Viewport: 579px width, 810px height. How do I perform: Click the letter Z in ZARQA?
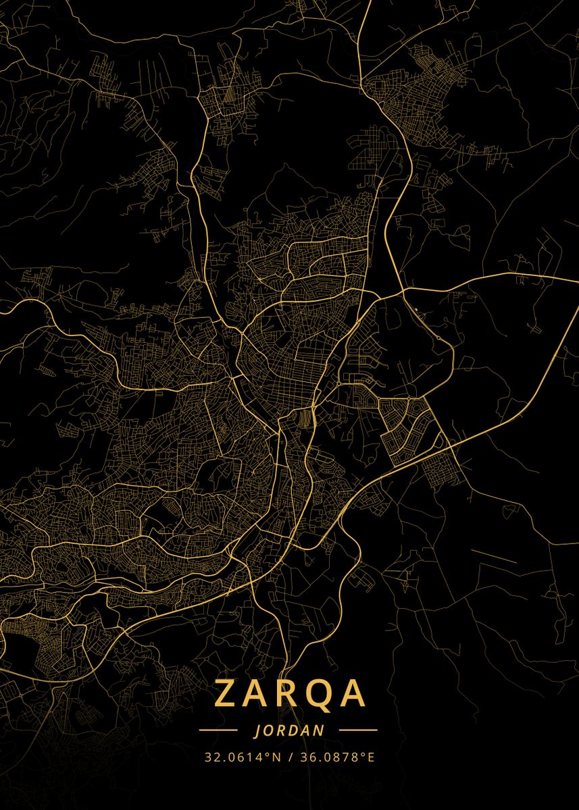(228, 693)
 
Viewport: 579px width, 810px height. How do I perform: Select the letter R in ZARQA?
(287, 693)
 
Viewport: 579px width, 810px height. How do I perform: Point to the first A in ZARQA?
(257, 693)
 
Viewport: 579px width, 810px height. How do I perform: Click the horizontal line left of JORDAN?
(218, 730)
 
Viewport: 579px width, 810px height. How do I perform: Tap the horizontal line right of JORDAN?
(357, 730)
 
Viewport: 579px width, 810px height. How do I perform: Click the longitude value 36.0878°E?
(334, 757)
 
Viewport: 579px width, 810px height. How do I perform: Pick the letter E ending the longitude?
(370, 757)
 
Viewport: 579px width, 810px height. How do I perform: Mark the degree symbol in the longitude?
(361, 755)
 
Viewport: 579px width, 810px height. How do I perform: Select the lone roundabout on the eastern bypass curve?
(438, 337)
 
